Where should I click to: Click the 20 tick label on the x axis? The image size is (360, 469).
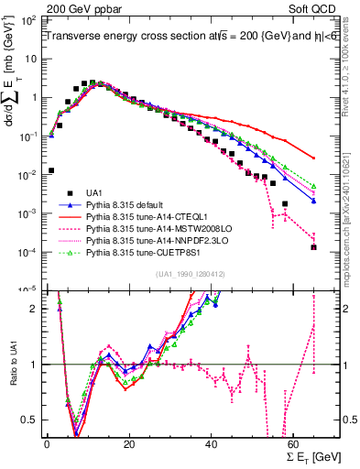pos(129,445)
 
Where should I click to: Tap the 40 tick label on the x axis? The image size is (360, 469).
pos(212,445)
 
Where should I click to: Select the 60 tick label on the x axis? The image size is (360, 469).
pos(294,445)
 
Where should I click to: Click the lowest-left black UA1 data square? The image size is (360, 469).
pos(51,169)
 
